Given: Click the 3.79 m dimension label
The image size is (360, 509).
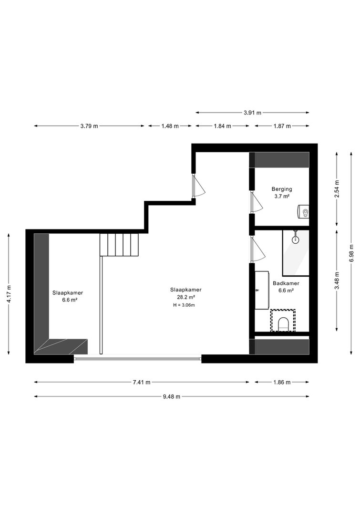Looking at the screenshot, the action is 89,126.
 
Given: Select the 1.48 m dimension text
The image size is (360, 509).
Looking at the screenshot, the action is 170,126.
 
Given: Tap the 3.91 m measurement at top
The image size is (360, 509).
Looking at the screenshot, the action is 252,113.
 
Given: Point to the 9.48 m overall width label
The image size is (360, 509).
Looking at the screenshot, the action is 171,396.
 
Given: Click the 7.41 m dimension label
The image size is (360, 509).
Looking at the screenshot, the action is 142,382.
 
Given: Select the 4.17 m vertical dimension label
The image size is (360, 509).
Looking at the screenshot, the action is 9,294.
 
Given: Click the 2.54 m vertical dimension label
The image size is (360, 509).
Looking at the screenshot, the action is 337,188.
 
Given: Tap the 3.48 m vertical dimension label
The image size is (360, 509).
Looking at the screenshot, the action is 337,280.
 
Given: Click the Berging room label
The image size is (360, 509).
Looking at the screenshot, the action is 282,189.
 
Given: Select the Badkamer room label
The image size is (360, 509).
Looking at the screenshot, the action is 286,283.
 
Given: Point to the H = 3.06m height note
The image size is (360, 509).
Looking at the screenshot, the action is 184,305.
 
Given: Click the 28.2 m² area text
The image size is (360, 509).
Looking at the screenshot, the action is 186,297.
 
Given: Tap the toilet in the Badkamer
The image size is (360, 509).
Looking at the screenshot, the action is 283,324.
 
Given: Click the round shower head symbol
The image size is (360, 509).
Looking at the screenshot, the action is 295,240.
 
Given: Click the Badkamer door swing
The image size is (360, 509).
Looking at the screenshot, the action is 258,249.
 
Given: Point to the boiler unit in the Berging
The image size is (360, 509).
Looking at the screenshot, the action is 304,212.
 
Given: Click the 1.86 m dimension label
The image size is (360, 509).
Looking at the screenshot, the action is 282,382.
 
